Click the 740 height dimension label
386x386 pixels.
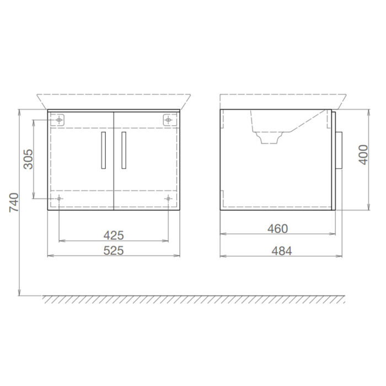pyautogui.click(x=15, y=202)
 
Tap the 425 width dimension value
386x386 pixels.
pyautogui.click(x=114, y=235)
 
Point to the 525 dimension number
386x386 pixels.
pyautogui.click(x=114, y=250)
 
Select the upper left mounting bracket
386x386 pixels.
pyautogui.click(x=59, y=119)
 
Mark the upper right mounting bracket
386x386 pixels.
pyautogui.click(x=168, y=119)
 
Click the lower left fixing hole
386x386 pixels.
pyautogui.click(x=59, y=199)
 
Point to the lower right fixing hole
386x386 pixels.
pyautogui.click(x=168, y=199)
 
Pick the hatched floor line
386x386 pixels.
pyautogui.click(x=193, y=299)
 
